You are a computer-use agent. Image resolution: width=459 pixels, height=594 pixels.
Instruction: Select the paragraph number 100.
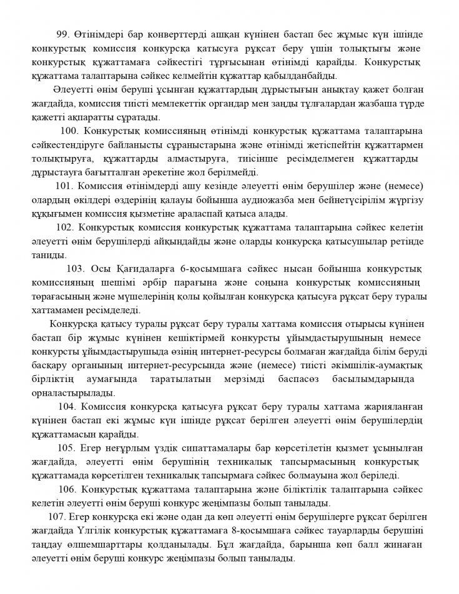click(x=69, y=130)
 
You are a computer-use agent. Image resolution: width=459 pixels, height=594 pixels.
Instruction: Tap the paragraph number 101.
click(x=64, y=186)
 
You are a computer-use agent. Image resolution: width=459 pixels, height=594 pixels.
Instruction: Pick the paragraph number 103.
click(x=76, y=269)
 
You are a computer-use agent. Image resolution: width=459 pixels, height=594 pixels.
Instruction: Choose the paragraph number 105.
click(x=66, y=448)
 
